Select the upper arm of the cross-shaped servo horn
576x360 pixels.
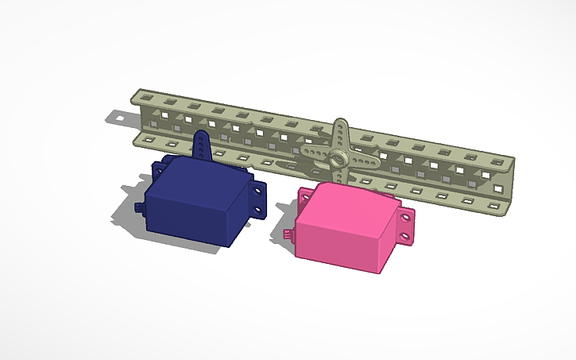click(x=339, y=132)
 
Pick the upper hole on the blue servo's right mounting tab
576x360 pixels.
click(x=259, y=192)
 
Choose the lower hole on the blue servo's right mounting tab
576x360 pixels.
click(x=259, y=211)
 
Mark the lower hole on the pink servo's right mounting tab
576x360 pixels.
click(x=407, y=237)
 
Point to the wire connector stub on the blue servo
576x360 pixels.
click(x=140, y=207)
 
